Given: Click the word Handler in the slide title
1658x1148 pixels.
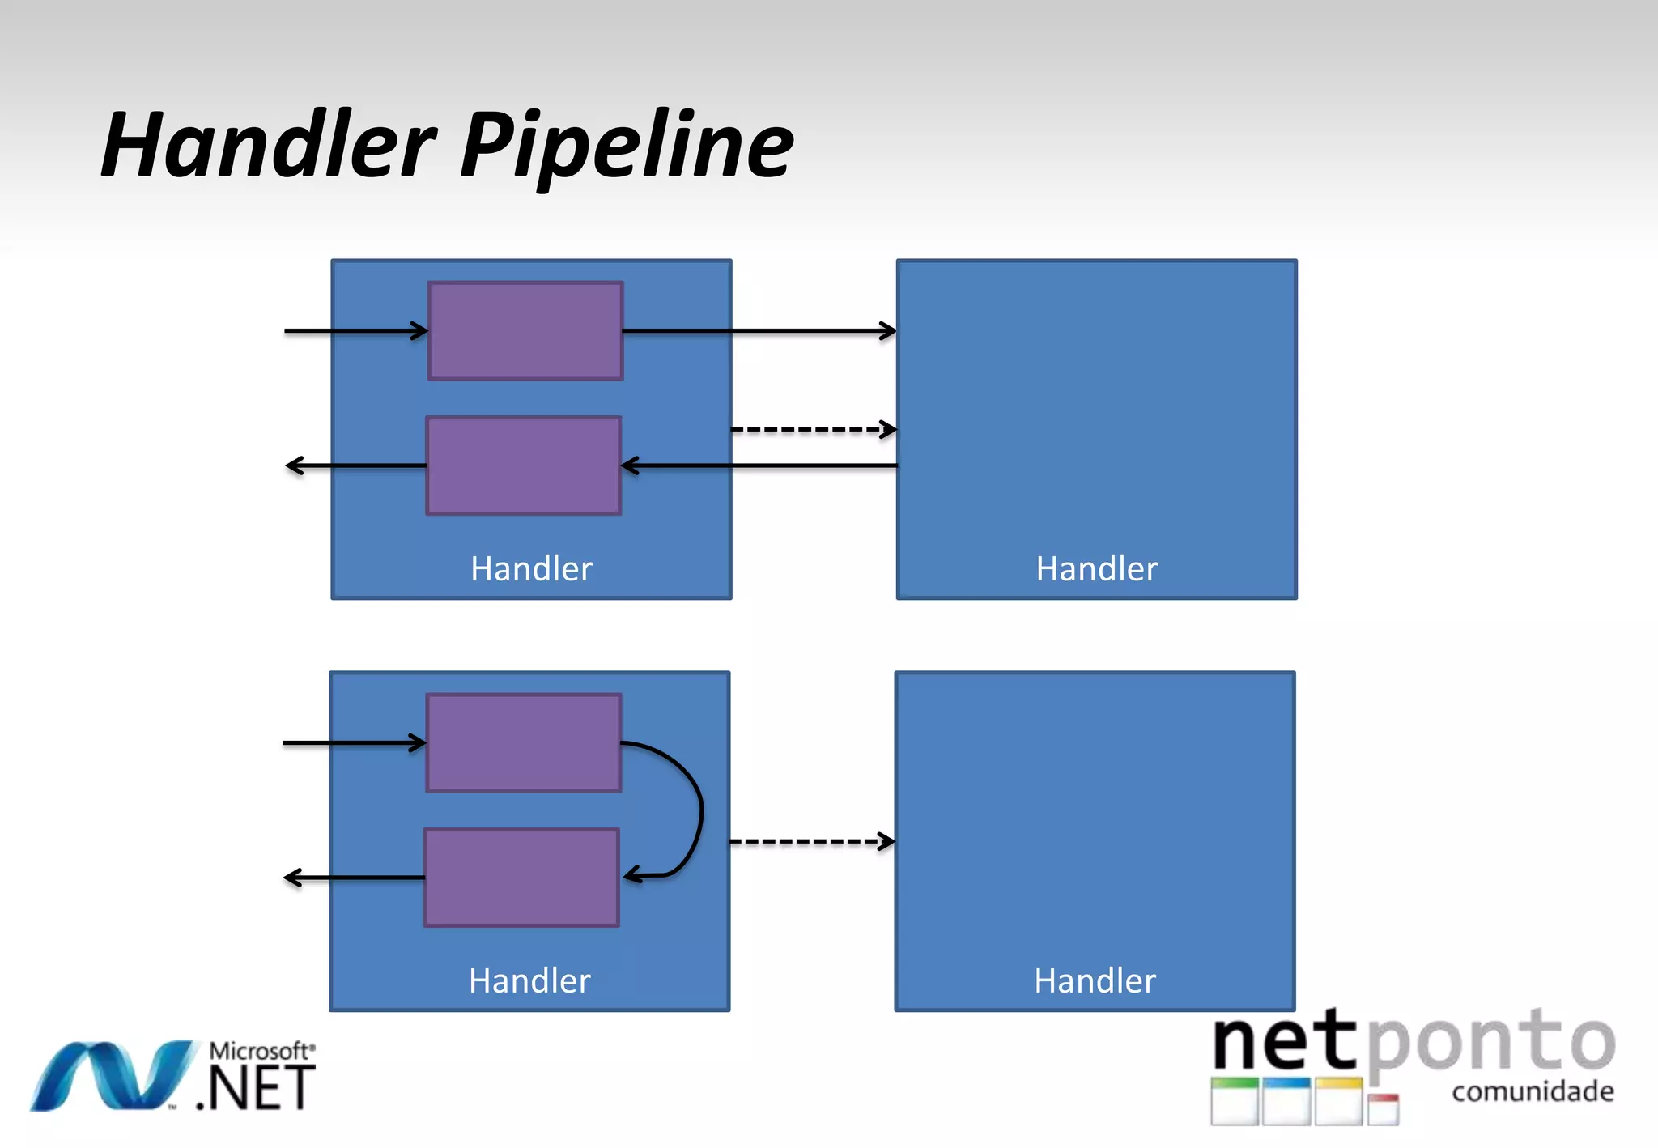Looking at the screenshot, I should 267,146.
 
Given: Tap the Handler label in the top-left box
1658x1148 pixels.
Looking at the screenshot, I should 531,569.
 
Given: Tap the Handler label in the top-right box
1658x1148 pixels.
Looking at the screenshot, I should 1096,569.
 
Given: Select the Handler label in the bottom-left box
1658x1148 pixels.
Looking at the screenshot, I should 529,981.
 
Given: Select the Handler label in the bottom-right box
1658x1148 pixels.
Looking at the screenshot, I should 1095,981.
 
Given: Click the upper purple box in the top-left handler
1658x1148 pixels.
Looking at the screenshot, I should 525,330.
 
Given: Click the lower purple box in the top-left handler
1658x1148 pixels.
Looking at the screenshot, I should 524,466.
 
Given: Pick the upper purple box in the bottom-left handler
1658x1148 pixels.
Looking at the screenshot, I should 524,742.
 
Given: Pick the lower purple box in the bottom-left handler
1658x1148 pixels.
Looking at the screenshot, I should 522,878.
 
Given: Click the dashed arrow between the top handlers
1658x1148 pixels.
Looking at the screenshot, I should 813,429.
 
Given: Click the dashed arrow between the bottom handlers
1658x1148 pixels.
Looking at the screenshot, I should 811,842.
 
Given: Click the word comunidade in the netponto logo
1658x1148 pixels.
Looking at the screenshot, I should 1533,1092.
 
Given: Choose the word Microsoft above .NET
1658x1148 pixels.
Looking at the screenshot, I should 261,1051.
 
